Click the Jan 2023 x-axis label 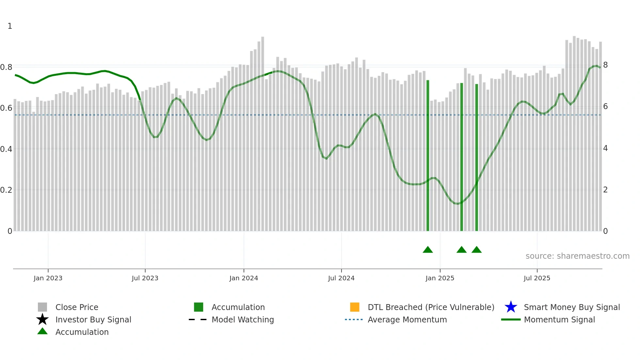[x=48, y=278]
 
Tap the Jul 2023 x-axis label [x=145, y=278]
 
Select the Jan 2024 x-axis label [x=244, y=278]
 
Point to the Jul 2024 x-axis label [x=341, y=278]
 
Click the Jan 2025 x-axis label [x=440, y=278]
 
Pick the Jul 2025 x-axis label [x=537, y=278]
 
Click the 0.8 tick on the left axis [x=6, y=67]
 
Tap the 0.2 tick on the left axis [x=6, y=190]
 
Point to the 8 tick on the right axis [x=605, y=65]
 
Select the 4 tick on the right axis [x=605, y=148]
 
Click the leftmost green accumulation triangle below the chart [x=428, y=250]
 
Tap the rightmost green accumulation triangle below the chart [x=476, y=250]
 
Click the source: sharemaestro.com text [x=577, y=256]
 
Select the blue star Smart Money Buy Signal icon [x=511, y=307]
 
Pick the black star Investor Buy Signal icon [x=42, y=319]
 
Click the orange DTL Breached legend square [x=355, y=307]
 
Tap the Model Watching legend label [x=243, y=319]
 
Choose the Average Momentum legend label [x=407, y=319]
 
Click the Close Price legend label [x=77, y=307]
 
